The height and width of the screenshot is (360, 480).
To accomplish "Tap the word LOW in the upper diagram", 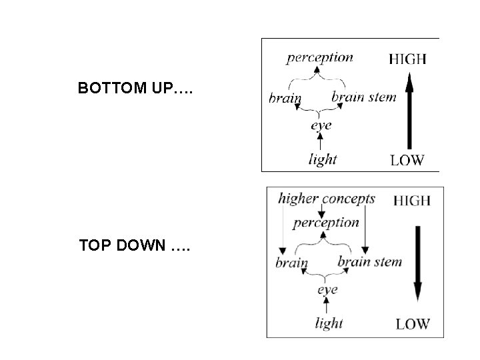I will tap(407, 159).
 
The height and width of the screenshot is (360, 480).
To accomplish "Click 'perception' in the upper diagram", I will tap(320, 57).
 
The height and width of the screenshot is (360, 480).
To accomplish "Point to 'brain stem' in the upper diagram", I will tap(363, 97).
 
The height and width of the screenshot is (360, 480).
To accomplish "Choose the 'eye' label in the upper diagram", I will tap(321, 125).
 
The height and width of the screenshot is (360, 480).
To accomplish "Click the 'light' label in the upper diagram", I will tap(323, 159).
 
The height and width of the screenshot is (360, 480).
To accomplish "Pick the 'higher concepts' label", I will tap(327, 199).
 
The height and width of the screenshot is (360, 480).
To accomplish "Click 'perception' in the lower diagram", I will tap(326, 222).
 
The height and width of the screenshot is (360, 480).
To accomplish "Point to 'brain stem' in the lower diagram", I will tap(369, 261).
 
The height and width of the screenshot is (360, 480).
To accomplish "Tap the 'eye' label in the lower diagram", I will tap(327, 290).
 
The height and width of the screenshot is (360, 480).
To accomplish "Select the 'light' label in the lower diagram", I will tap(328, 323).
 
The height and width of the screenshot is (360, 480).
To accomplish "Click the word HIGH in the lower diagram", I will tap(412, 199).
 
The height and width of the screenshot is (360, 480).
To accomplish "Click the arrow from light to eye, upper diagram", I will tap(321, 141).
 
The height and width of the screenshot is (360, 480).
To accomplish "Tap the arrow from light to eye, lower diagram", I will tap(326, 307).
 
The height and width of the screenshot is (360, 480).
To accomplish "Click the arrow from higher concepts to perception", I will tap(323, 211).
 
